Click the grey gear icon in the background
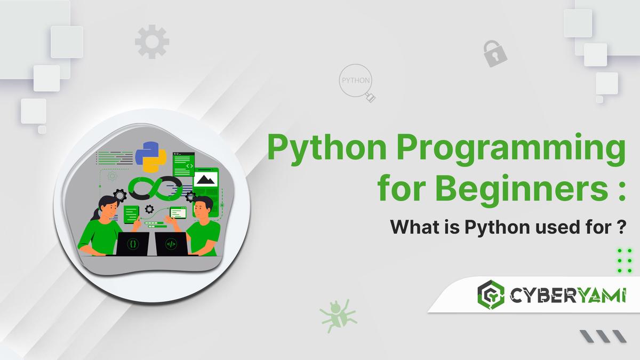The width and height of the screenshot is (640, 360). [152, 42]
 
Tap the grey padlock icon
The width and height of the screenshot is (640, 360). [494, 53]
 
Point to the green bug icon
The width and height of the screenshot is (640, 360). [334, 316]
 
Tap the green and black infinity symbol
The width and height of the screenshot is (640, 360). [155, 188]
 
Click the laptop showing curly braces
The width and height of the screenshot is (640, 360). [133, 244]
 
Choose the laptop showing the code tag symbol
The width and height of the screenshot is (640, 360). [171, 244]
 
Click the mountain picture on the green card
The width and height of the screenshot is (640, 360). [206, 179]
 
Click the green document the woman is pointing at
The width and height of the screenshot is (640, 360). [131, 214]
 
